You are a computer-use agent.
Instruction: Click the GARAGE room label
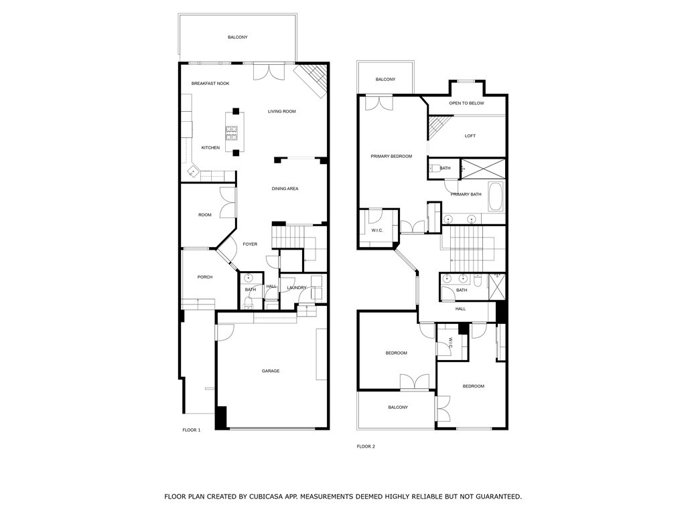pos(271,371)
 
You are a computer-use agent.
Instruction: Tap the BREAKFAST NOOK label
pos(210,84)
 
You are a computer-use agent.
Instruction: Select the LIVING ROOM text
pos(282,111)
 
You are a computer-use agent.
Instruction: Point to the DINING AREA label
pos(285,189)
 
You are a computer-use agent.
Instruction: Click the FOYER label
pos(250,244)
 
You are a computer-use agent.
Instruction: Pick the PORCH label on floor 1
pos(205,277)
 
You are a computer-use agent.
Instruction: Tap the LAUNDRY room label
pos(297,288)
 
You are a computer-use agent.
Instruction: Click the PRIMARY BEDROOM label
pos(391,156)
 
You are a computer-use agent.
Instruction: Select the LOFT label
pos(470,136)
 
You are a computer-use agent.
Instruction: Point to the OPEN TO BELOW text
pos(466,103)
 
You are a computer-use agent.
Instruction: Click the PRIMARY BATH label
pos(466,194)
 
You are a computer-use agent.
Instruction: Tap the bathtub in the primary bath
pos(496,196)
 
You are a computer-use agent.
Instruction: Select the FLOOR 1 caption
pos(191,430)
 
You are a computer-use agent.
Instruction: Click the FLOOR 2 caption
pos(365,446)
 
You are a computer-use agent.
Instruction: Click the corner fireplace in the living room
pos(313,77)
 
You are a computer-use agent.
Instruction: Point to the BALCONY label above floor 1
pos(237,37)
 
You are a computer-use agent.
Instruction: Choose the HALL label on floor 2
pos(461,309)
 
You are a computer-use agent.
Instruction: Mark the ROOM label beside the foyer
pos(205,215)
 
